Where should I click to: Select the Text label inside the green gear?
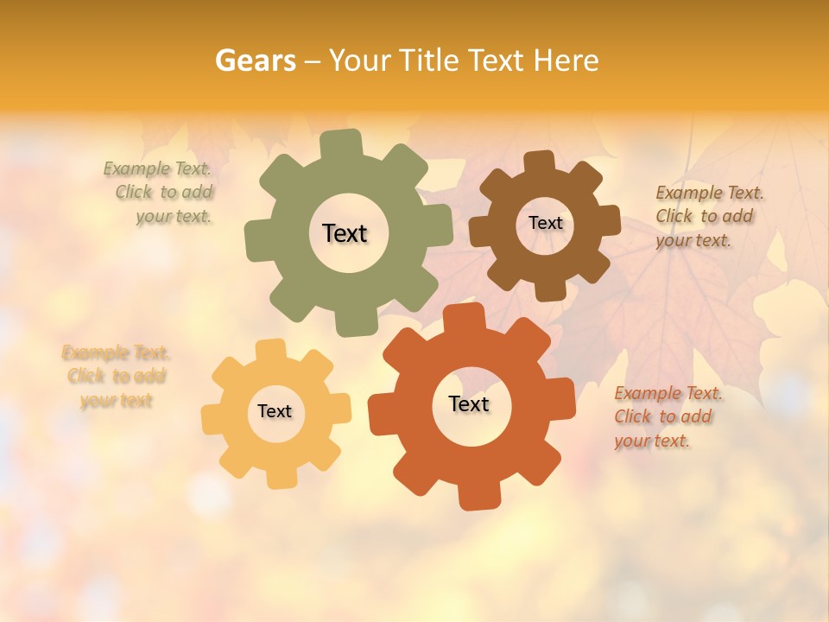pos(345,233)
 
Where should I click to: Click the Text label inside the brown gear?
pos(545,223)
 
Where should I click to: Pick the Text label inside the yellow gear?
pos(275,412)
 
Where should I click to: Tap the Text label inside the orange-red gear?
pos(469,404)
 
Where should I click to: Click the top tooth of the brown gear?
pos(539,162)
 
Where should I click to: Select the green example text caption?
pos(161,193)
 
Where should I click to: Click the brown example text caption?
pos(708,217)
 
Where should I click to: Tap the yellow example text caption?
pos(116,377)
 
